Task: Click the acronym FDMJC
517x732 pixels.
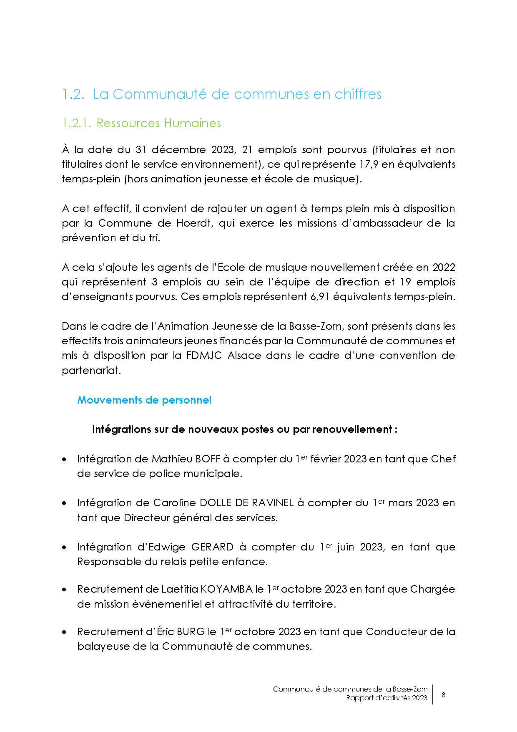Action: click(x=205, y=356)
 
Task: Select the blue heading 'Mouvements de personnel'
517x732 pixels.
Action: click(x=144, y=400)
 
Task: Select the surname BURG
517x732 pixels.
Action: click(x=191, y=632)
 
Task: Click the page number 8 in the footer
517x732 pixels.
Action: click(x=443, y=695)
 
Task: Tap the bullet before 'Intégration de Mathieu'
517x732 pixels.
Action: click(x=64, y=459)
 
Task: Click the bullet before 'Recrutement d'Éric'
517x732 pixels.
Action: click(x=64, y=632)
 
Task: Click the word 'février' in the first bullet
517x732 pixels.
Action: click(x=326, y=459)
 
